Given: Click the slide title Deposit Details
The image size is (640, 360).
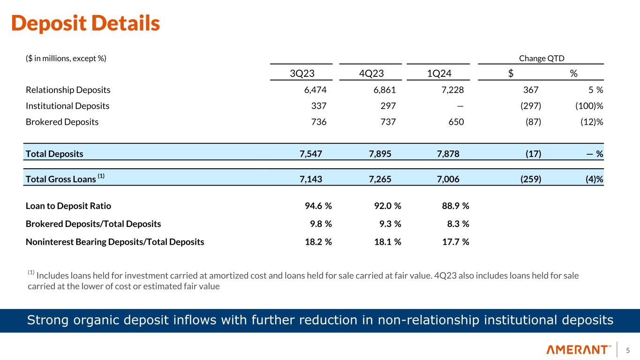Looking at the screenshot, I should click(85, 23).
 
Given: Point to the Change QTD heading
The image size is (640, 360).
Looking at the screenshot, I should click(542, 58).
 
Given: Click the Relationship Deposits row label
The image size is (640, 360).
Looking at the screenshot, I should click(68, 90).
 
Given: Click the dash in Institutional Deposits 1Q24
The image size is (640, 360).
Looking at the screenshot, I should click(460, 106).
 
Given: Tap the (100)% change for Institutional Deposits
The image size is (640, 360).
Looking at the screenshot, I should click(583, 106).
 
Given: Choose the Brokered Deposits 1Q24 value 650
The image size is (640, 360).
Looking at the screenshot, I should click(455, 122).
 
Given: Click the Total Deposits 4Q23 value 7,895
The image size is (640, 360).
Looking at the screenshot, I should click(383, 154).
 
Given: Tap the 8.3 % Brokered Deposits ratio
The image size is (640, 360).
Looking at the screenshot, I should click(457, 224).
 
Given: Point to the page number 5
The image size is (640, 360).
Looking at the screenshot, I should click(628, 350).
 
